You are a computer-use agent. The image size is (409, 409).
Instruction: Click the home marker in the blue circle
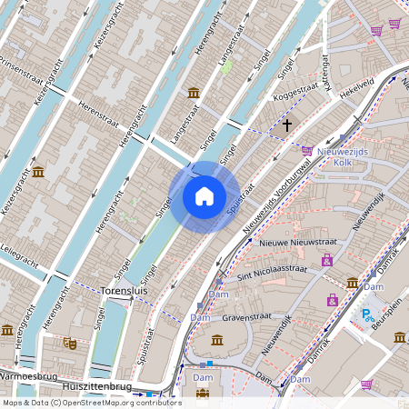[204, 196]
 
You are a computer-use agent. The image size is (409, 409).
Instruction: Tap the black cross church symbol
[287, 125]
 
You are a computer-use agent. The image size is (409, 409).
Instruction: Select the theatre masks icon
[69, 343]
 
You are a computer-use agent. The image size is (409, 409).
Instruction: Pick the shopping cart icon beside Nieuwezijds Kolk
[307, 150]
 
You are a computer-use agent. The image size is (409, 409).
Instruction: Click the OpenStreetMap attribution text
[92, 402]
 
